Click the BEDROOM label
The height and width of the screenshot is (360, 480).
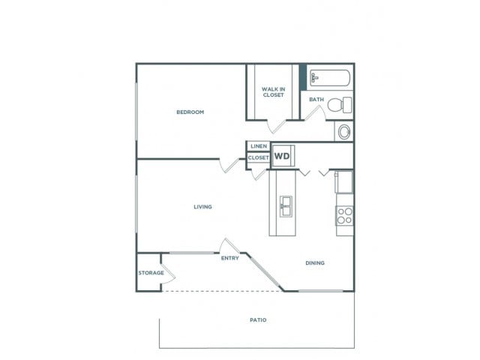click(x=190, y=112)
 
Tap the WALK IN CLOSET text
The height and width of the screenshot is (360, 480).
click(x=273, y=92)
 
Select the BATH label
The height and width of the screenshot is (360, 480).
click(x=316, y=100)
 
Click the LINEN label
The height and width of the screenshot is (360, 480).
click(x=259, y=146)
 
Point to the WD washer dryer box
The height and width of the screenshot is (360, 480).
click(x=282, y=156)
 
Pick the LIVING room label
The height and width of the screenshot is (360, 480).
click(x=202, y=207)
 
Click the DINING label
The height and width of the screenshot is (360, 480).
click(x=315, y=263)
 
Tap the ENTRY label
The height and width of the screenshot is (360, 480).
click(x=230, y=259)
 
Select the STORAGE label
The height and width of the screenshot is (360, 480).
click(x=151, y=273)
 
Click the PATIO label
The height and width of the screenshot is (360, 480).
click(x=258, y=320)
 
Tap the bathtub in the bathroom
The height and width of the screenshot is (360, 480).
click(x=328, y=77)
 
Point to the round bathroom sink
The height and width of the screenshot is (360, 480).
click(x=344, y=132)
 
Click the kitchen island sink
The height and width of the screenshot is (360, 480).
click(x=286, y=203)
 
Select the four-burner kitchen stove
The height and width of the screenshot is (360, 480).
click(x=344, y=217)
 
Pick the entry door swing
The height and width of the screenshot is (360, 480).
click(x=228, y=246)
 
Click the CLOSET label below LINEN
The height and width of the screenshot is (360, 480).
click(x=259, y=158)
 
